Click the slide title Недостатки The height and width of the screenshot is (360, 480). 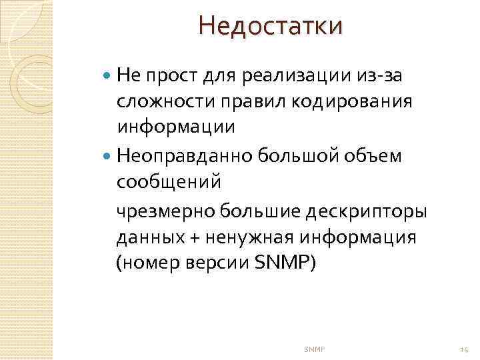click(270, 27)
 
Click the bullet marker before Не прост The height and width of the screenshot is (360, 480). click(109, 76)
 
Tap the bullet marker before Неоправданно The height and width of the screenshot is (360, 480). click(109, 156)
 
